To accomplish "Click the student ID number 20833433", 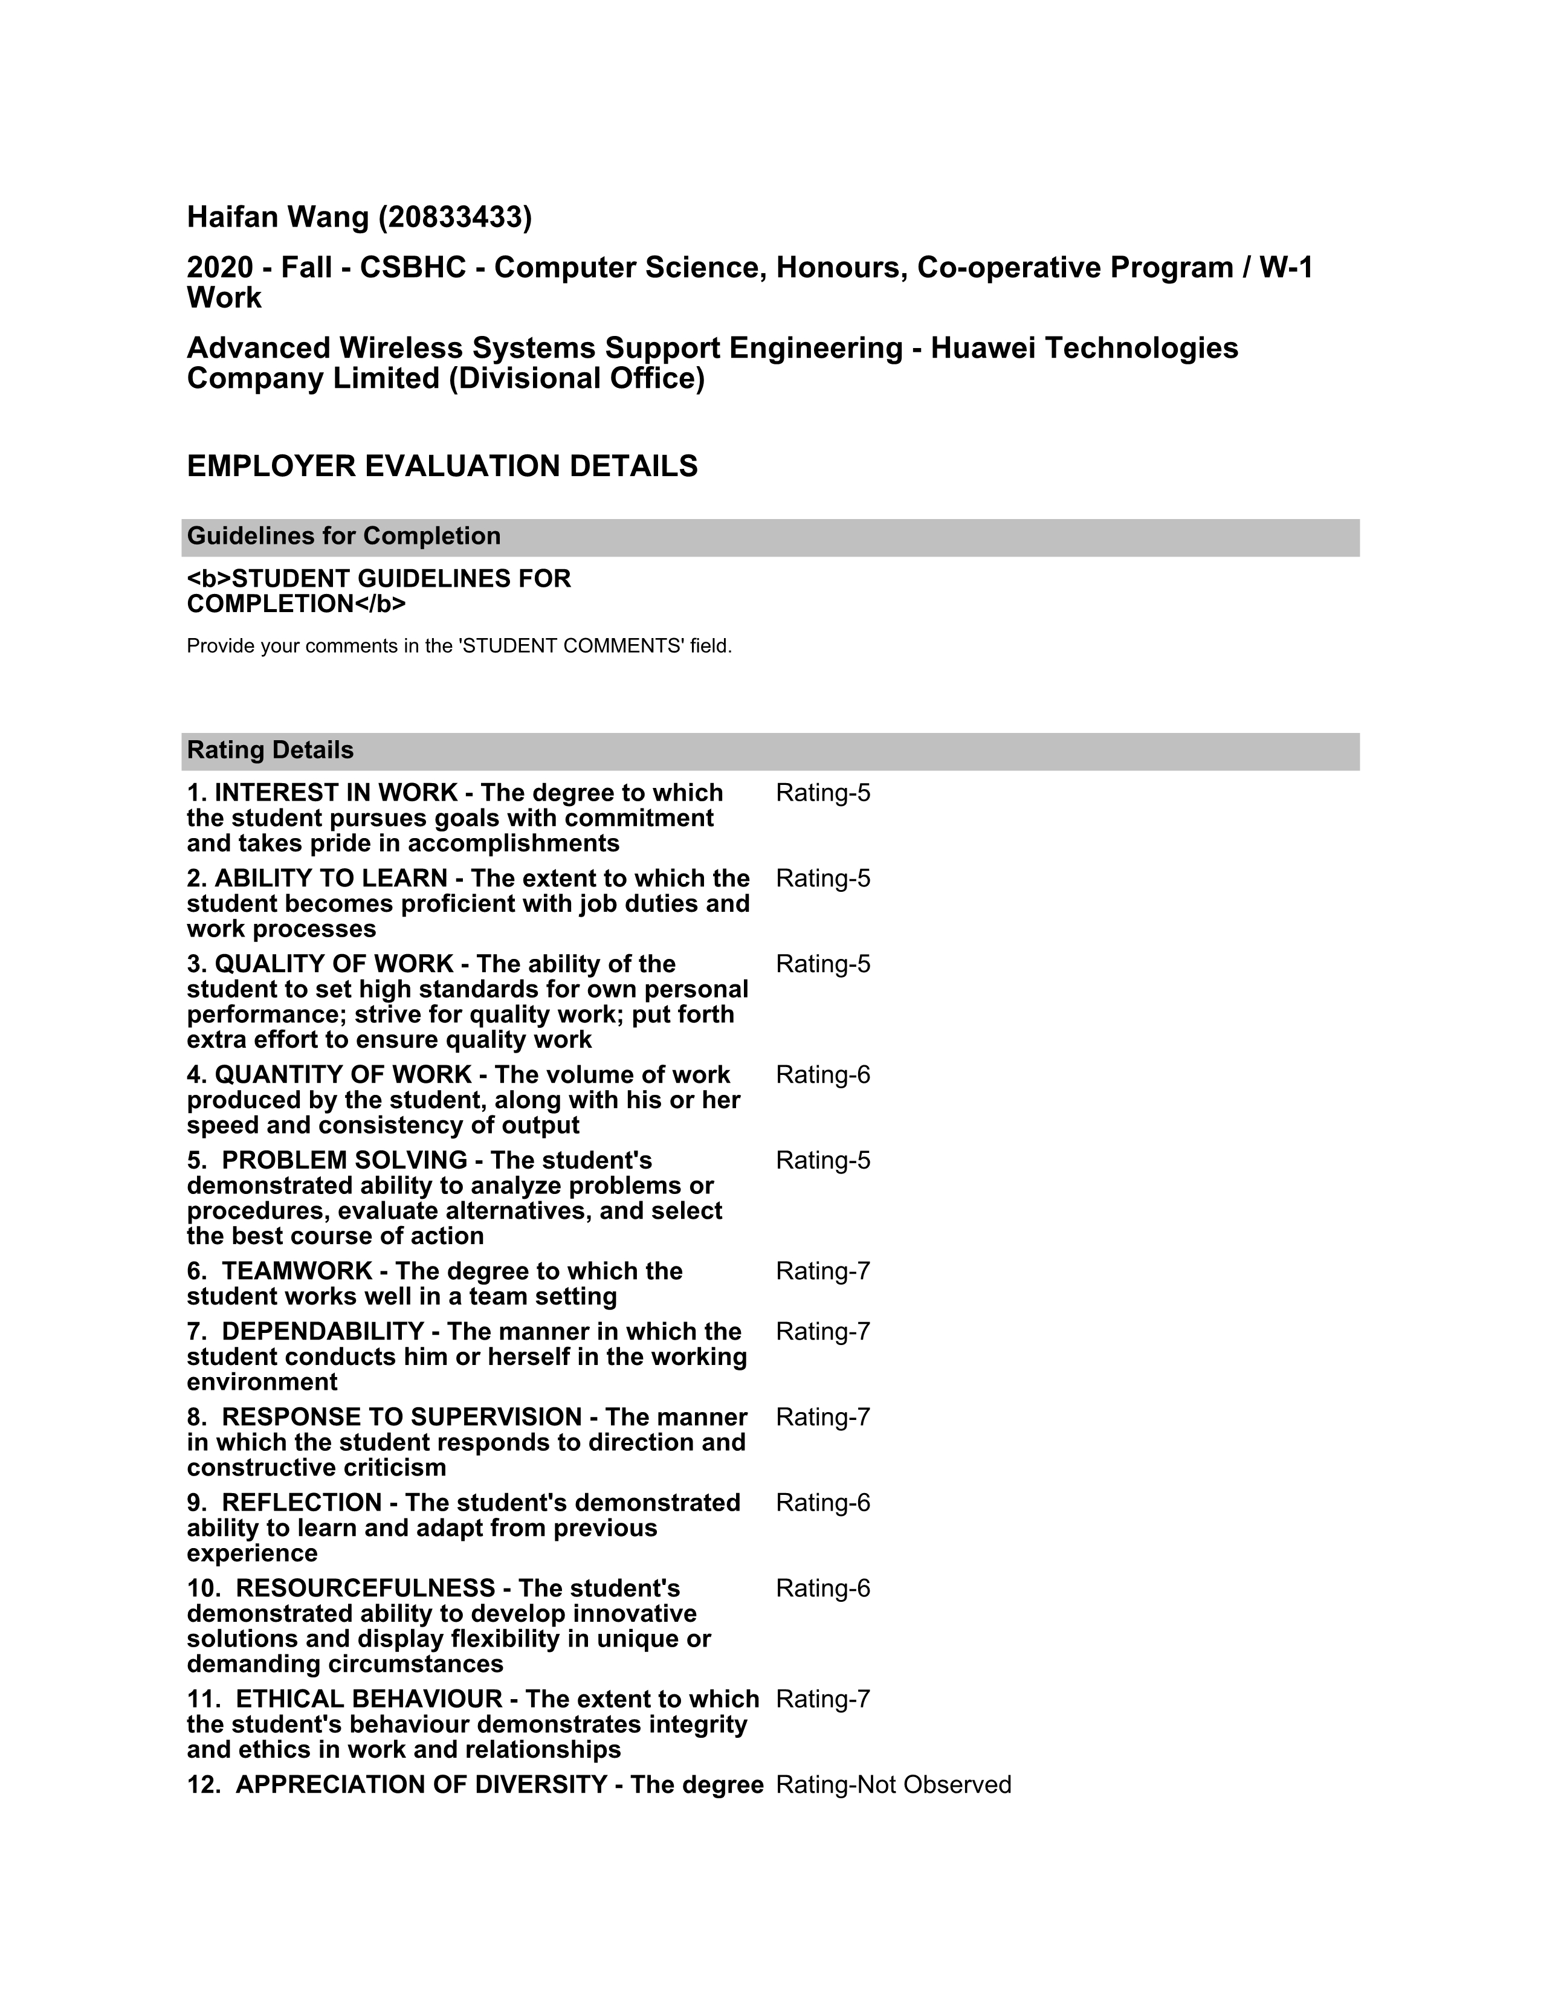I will [454, 218].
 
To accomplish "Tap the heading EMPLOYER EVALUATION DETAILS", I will [442, 466].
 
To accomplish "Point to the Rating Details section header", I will [270, 750].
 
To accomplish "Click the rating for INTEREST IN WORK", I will [822, 793].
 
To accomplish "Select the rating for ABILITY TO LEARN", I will [822, 879].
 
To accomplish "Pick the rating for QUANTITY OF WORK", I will [822, 1076].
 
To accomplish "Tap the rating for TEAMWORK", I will [822, 1272].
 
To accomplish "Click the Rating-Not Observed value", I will [893, 1785].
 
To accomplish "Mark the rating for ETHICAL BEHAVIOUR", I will [822, 1699].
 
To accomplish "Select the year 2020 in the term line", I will [219, 268].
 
